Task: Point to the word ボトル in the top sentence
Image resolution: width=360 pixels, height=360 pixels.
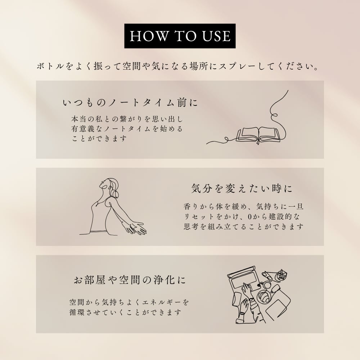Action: (x=50, y=67)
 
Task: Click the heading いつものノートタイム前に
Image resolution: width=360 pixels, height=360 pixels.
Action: (x=130, y=102)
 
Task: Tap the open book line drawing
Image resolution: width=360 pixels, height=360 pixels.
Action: (x=258, y=135)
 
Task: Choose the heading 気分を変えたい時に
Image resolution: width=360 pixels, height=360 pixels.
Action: (x=242, y=189)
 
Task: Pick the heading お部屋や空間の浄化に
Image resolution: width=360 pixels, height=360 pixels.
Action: (x=130, y=280)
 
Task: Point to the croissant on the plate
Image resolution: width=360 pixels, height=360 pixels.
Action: (x=265, y=297)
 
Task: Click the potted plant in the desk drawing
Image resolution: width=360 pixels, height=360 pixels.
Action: (x=281, y=275)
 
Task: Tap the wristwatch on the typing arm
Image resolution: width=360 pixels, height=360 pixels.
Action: (x=252, y=300)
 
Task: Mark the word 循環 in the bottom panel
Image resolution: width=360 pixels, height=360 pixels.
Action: (x=77, y=312)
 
